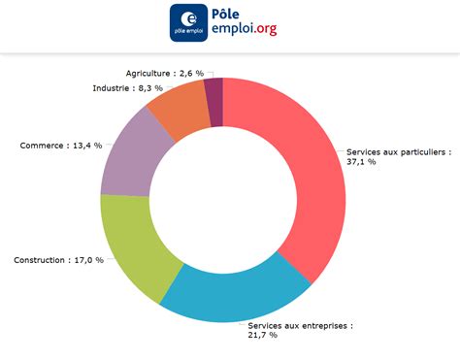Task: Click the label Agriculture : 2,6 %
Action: pos(164,73)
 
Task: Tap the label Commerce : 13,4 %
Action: pos(61,146)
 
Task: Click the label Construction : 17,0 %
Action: pos(58,260)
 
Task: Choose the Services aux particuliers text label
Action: pos(397,151)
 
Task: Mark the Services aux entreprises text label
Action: pos(300,325)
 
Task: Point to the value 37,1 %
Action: pos(361,162)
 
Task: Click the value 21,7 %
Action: pos(262,335)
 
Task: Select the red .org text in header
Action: pos(262,30)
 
